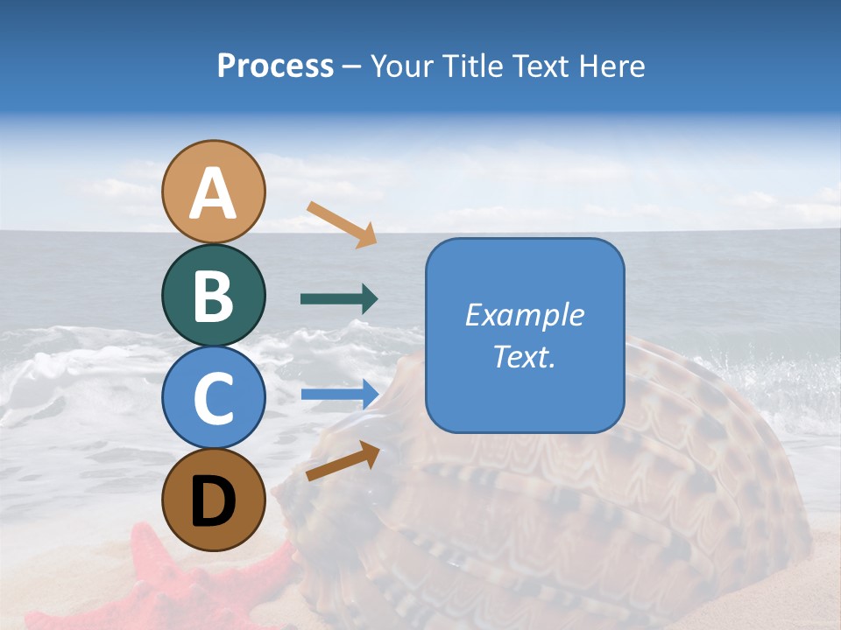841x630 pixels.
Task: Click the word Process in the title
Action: [x=275, y=66]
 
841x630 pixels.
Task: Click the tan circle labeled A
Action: [x=213, y=192]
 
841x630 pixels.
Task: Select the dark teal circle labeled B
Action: [x=213, y=295]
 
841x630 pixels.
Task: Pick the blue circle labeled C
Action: [x=213, y=397]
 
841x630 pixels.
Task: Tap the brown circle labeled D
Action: [x=213, y=500]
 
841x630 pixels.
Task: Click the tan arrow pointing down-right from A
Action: [x=342, y=224]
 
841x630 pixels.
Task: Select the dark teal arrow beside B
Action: [x=339, y=299]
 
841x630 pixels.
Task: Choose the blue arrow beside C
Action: [x=339, y=394]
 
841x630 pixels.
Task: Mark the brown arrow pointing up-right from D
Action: [x=343, y=460]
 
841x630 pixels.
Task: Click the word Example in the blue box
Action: [x=524, y=315]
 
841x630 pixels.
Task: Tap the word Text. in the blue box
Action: [x=524, y=356]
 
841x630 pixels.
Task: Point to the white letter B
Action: [x=213, y=297]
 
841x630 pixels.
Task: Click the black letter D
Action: [x=213, y=501]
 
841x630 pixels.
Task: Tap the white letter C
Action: [x=213, y=399]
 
